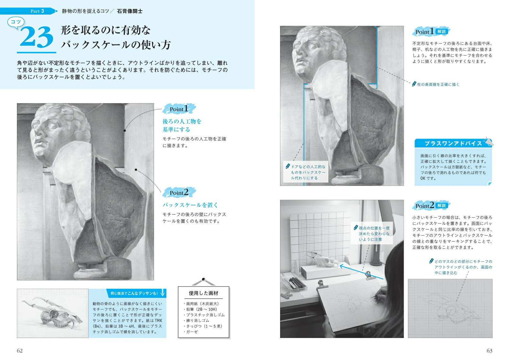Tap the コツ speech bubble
point(16,22)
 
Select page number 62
point(19,351)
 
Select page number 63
point(489,351)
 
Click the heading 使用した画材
point(203,293)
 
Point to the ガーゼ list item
point(191,332)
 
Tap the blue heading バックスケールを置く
point(190,205)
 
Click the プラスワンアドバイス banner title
point(453,143)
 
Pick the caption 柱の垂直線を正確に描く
point(438,84)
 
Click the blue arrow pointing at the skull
point(361,272)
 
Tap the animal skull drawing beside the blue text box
point(52,313)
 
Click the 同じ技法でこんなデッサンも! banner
point(136,293)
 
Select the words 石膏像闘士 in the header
point(130,11)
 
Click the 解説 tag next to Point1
point(442,32)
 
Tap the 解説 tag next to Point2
point(442,205)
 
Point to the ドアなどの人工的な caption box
point(306,172)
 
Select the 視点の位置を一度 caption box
point(372,234)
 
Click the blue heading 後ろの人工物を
point(182,121)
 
